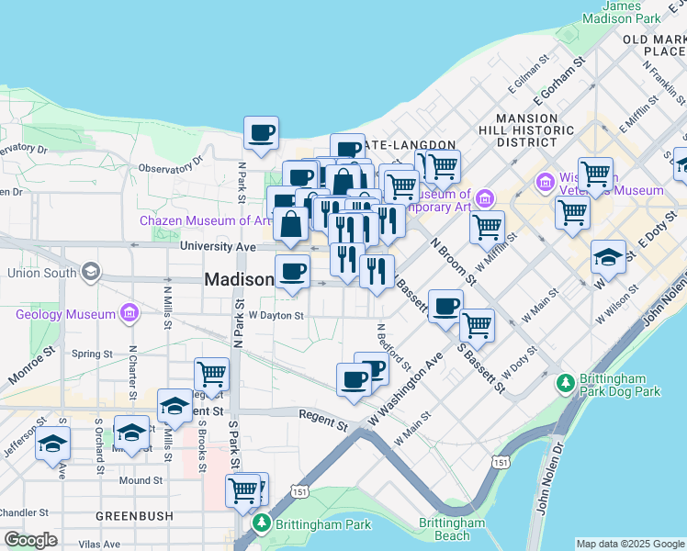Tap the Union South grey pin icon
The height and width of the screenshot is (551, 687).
91,272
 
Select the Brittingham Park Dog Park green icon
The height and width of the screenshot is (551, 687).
567,381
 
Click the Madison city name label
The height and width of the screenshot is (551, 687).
238,280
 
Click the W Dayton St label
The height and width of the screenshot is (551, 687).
276,314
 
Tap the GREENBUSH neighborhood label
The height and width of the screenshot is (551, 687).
135,516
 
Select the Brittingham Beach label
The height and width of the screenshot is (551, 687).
451,529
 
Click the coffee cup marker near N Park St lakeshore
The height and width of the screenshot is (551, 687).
261,133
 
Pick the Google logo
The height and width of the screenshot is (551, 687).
30,540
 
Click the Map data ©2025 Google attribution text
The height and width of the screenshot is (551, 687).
630,544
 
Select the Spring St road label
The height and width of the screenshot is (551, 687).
92,353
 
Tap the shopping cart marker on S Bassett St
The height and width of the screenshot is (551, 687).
477,325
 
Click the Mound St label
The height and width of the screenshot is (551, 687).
141,480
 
